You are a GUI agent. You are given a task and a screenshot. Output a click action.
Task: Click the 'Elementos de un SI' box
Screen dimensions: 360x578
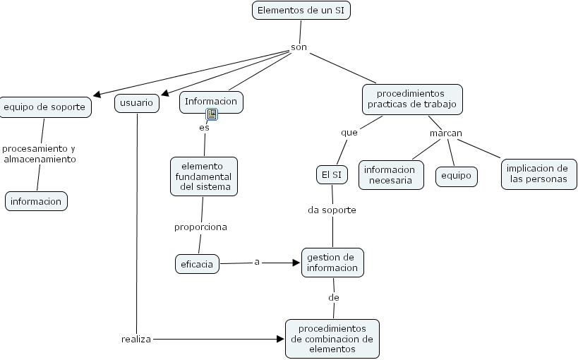[x=301, y=11]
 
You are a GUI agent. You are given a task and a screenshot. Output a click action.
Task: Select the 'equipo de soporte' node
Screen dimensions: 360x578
[x=45, y=107]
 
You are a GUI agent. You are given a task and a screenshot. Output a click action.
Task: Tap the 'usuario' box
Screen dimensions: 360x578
[x=137, y=103]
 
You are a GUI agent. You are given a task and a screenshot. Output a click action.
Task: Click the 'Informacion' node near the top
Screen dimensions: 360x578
[x=212, y=102]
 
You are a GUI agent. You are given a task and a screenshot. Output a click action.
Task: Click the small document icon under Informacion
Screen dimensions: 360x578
[x=212, y=114]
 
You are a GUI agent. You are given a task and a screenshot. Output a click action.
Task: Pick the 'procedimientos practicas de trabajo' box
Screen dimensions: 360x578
[x=412, y=99]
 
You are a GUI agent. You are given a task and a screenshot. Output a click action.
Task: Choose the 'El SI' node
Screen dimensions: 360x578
[x=331, y=174]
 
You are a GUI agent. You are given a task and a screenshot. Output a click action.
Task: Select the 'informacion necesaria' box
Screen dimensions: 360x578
[x=390, y=175]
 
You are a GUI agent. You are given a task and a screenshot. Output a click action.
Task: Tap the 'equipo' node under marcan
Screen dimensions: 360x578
[x=456, y=176]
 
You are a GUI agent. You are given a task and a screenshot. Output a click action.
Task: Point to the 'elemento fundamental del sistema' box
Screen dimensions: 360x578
[x=203, y=176]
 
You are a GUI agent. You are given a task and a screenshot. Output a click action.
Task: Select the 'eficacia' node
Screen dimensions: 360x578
[x=197, y=264]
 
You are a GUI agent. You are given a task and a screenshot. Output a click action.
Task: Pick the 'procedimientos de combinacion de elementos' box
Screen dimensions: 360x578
[x=332, y=339]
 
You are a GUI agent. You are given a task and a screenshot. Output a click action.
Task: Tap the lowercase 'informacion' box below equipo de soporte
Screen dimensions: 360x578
[x=36, y=201]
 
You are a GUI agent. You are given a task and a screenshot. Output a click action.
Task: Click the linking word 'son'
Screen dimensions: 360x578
[x=299, y=48]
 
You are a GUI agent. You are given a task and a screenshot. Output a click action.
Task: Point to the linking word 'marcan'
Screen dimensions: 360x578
[x=445, y=133]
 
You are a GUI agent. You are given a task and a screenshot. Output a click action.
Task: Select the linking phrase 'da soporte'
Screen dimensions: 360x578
[x=332, y=210]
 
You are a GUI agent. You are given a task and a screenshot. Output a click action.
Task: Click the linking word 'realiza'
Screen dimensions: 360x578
[x=136, y=340]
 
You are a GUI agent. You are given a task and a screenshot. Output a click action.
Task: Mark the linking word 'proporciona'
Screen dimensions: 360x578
[x=200, y=227]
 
